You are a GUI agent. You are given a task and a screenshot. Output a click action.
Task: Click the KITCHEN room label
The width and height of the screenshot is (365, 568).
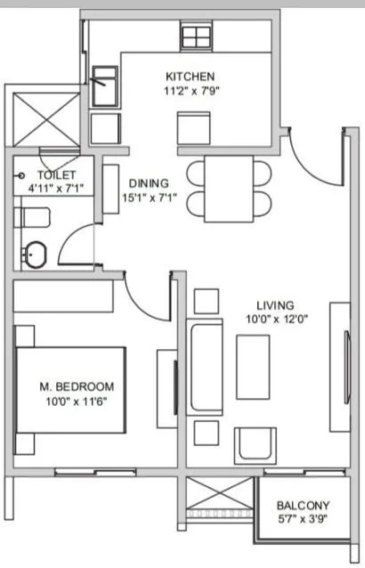click(x=190, y=77)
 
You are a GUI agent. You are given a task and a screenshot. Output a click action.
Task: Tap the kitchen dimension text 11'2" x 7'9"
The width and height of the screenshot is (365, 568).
click(x=190, y=90)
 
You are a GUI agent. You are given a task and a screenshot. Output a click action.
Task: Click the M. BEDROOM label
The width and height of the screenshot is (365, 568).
click(x=77, y=386)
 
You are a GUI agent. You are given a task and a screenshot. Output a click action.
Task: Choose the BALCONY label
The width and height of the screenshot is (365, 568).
click(x=303, y=505)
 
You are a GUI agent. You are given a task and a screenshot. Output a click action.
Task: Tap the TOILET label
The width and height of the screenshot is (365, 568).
click(x=56, y=175)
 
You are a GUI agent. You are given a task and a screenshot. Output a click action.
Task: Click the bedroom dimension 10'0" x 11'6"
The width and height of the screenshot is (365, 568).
click(x=77, y=401)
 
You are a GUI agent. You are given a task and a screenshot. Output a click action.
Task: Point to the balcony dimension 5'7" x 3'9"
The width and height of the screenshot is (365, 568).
click(x=303, y=519)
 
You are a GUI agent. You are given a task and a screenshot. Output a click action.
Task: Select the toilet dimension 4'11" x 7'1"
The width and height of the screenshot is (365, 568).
click(x=56, y=188)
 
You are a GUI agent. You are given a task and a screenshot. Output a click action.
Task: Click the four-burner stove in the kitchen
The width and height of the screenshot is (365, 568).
click(x=195, y=37)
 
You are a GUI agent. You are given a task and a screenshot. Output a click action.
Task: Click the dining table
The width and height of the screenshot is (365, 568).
click(x=228, y=190)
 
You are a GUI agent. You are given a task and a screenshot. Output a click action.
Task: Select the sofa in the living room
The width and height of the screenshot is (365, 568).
click(x=206, y=368)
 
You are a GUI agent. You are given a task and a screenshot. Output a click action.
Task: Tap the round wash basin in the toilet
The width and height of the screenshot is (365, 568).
click(x=33, y=256)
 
